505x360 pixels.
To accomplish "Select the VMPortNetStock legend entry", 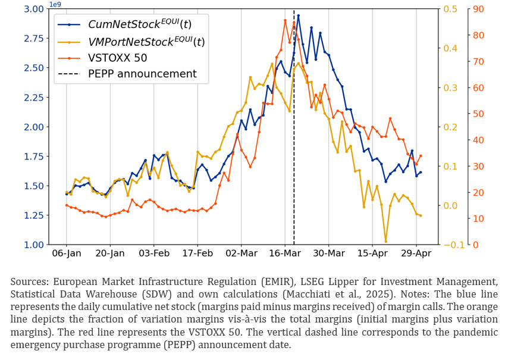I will pos(146,42).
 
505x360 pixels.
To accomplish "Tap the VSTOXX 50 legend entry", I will pos(117,58).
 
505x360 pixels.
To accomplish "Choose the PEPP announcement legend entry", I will pos(142,74).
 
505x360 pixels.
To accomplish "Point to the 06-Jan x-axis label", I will pos(66,253).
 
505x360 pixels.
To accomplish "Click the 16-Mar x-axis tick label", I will pos(285,253).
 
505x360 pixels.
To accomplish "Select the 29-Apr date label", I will pos(416,253).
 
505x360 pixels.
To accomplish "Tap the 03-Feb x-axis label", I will pos(153,253).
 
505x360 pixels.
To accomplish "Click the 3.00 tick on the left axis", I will pos(34,9).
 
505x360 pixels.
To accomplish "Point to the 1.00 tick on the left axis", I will pos(34,245).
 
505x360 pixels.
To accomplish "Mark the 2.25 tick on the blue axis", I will pos(34,98).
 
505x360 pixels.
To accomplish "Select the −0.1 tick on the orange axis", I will pos(448,245).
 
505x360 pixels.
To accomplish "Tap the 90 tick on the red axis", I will pos(476,9).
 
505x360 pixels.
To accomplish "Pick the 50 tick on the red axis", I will pos(476,114).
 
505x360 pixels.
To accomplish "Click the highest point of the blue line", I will pos(298,15).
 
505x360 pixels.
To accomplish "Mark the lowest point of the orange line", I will pos(385,241).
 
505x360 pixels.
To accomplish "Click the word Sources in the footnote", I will pos(29,281).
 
